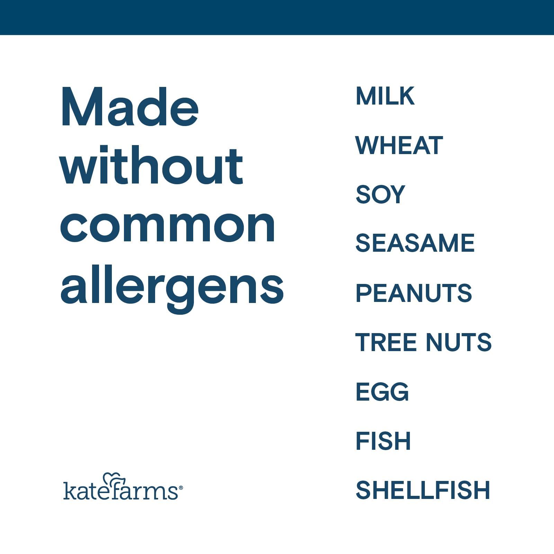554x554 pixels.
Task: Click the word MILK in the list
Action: click(x=385, y=96)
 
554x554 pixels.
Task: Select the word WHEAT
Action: click(x=399, y=145)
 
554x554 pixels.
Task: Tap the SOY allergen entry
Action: click(x=380, y=194)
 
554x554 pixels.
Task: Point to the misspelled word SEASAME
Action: click(x=415, y=243)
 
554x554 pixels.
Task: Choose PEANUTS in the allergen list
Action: click(x=414, y=293)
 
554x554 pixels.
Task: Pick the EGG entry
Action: click(x=382, y=392)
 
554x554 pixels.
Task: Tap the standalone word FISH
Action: click(x=383, y=441)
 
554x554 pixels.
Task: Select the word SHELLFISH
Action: click(x=423, y=490)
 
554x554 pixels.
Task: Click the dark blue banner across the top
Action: click(x=277, y=17)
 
